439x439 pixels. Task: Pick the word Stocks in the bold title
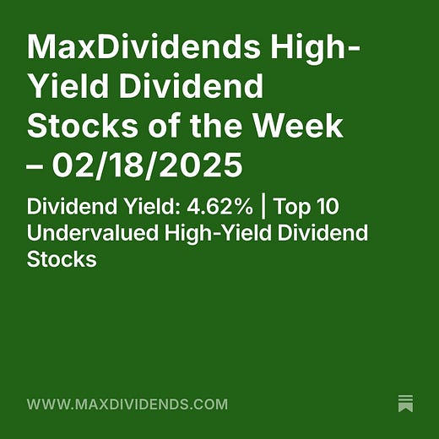(82, 126)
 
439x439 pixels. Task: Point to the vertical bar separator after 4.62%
(264, 208)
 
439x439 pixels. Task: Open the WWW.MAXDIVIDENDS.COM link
(127, 404)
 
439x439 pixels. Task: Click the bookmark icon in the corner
(405, 403)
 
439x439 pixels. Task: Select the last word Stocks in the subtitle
(62, 258)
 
